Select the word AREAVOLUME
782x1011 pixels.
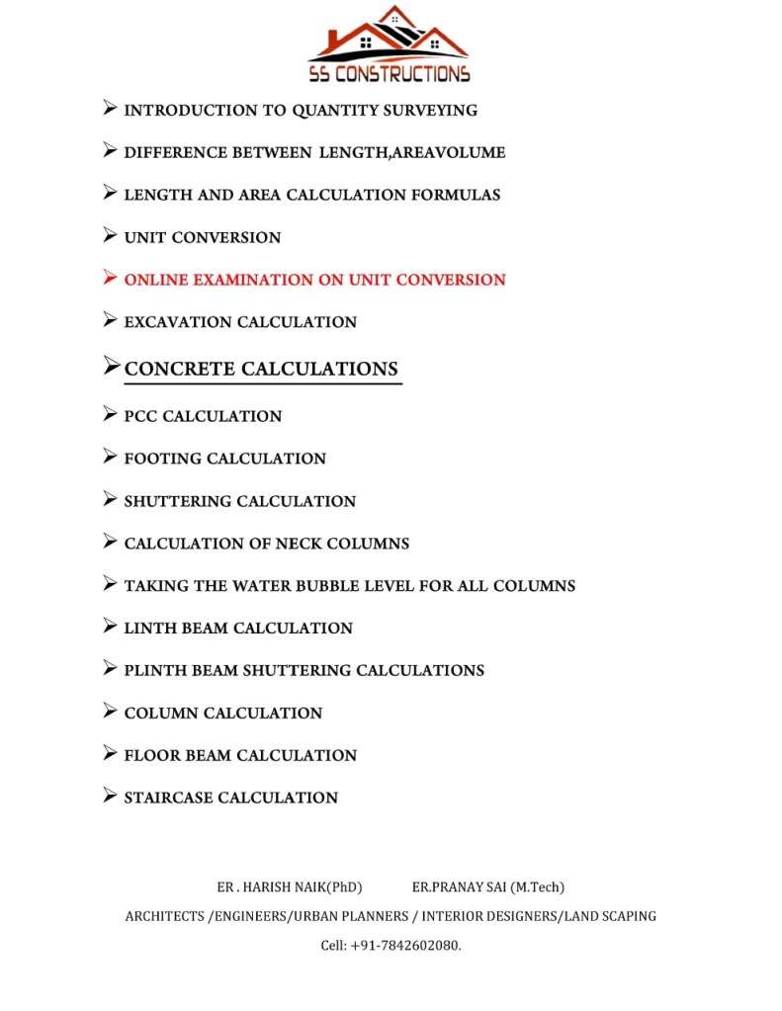(x=446, y=153)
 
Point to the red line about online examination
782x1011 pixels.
(x=314, y=280)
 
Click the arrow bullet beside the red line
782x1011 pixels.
(x=110, y=279)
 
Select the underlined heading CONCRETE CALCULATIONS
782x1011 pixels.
(x=261, y=370)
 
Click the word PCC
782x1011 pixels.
(x=140, y=417)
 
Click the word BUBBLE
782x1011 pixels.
(x=312, y=586)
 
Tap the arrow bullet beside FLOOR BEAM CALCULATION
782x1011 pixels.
(x=110, y=754)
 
